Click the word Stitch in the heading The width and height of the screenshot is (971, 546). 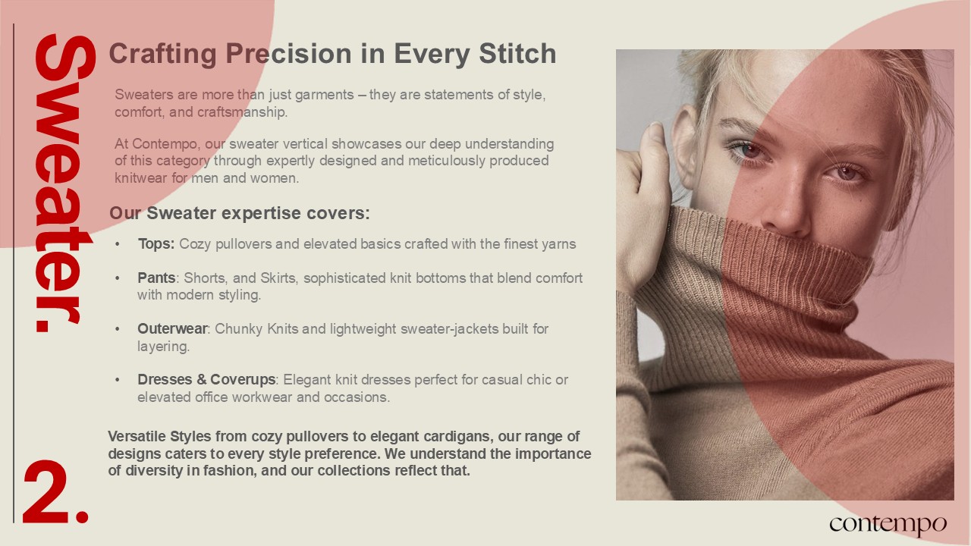(x=517, y=53)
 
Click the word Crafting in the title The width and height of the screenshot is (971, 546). (x=162, y=55)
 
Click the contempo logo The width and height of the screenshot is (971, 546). (x=888, y=524)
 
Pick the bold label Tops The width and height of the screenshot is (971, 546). (x=156, y=244)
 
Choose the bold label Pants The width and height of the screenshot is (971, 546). (x=156, y=278)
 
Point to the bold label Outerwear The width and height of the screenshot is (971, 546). (x=172, y=329)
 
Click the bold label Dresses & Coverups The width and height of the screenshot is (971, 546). (x=206, y=380)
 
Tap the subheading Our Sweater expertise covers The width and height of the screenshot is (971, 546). (x=239, y=213)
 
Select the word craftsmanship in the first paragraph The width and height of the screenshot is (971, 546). (x=242, y=112)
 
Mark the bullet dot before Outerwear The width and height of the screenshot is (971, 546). (x=118, y=329)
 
